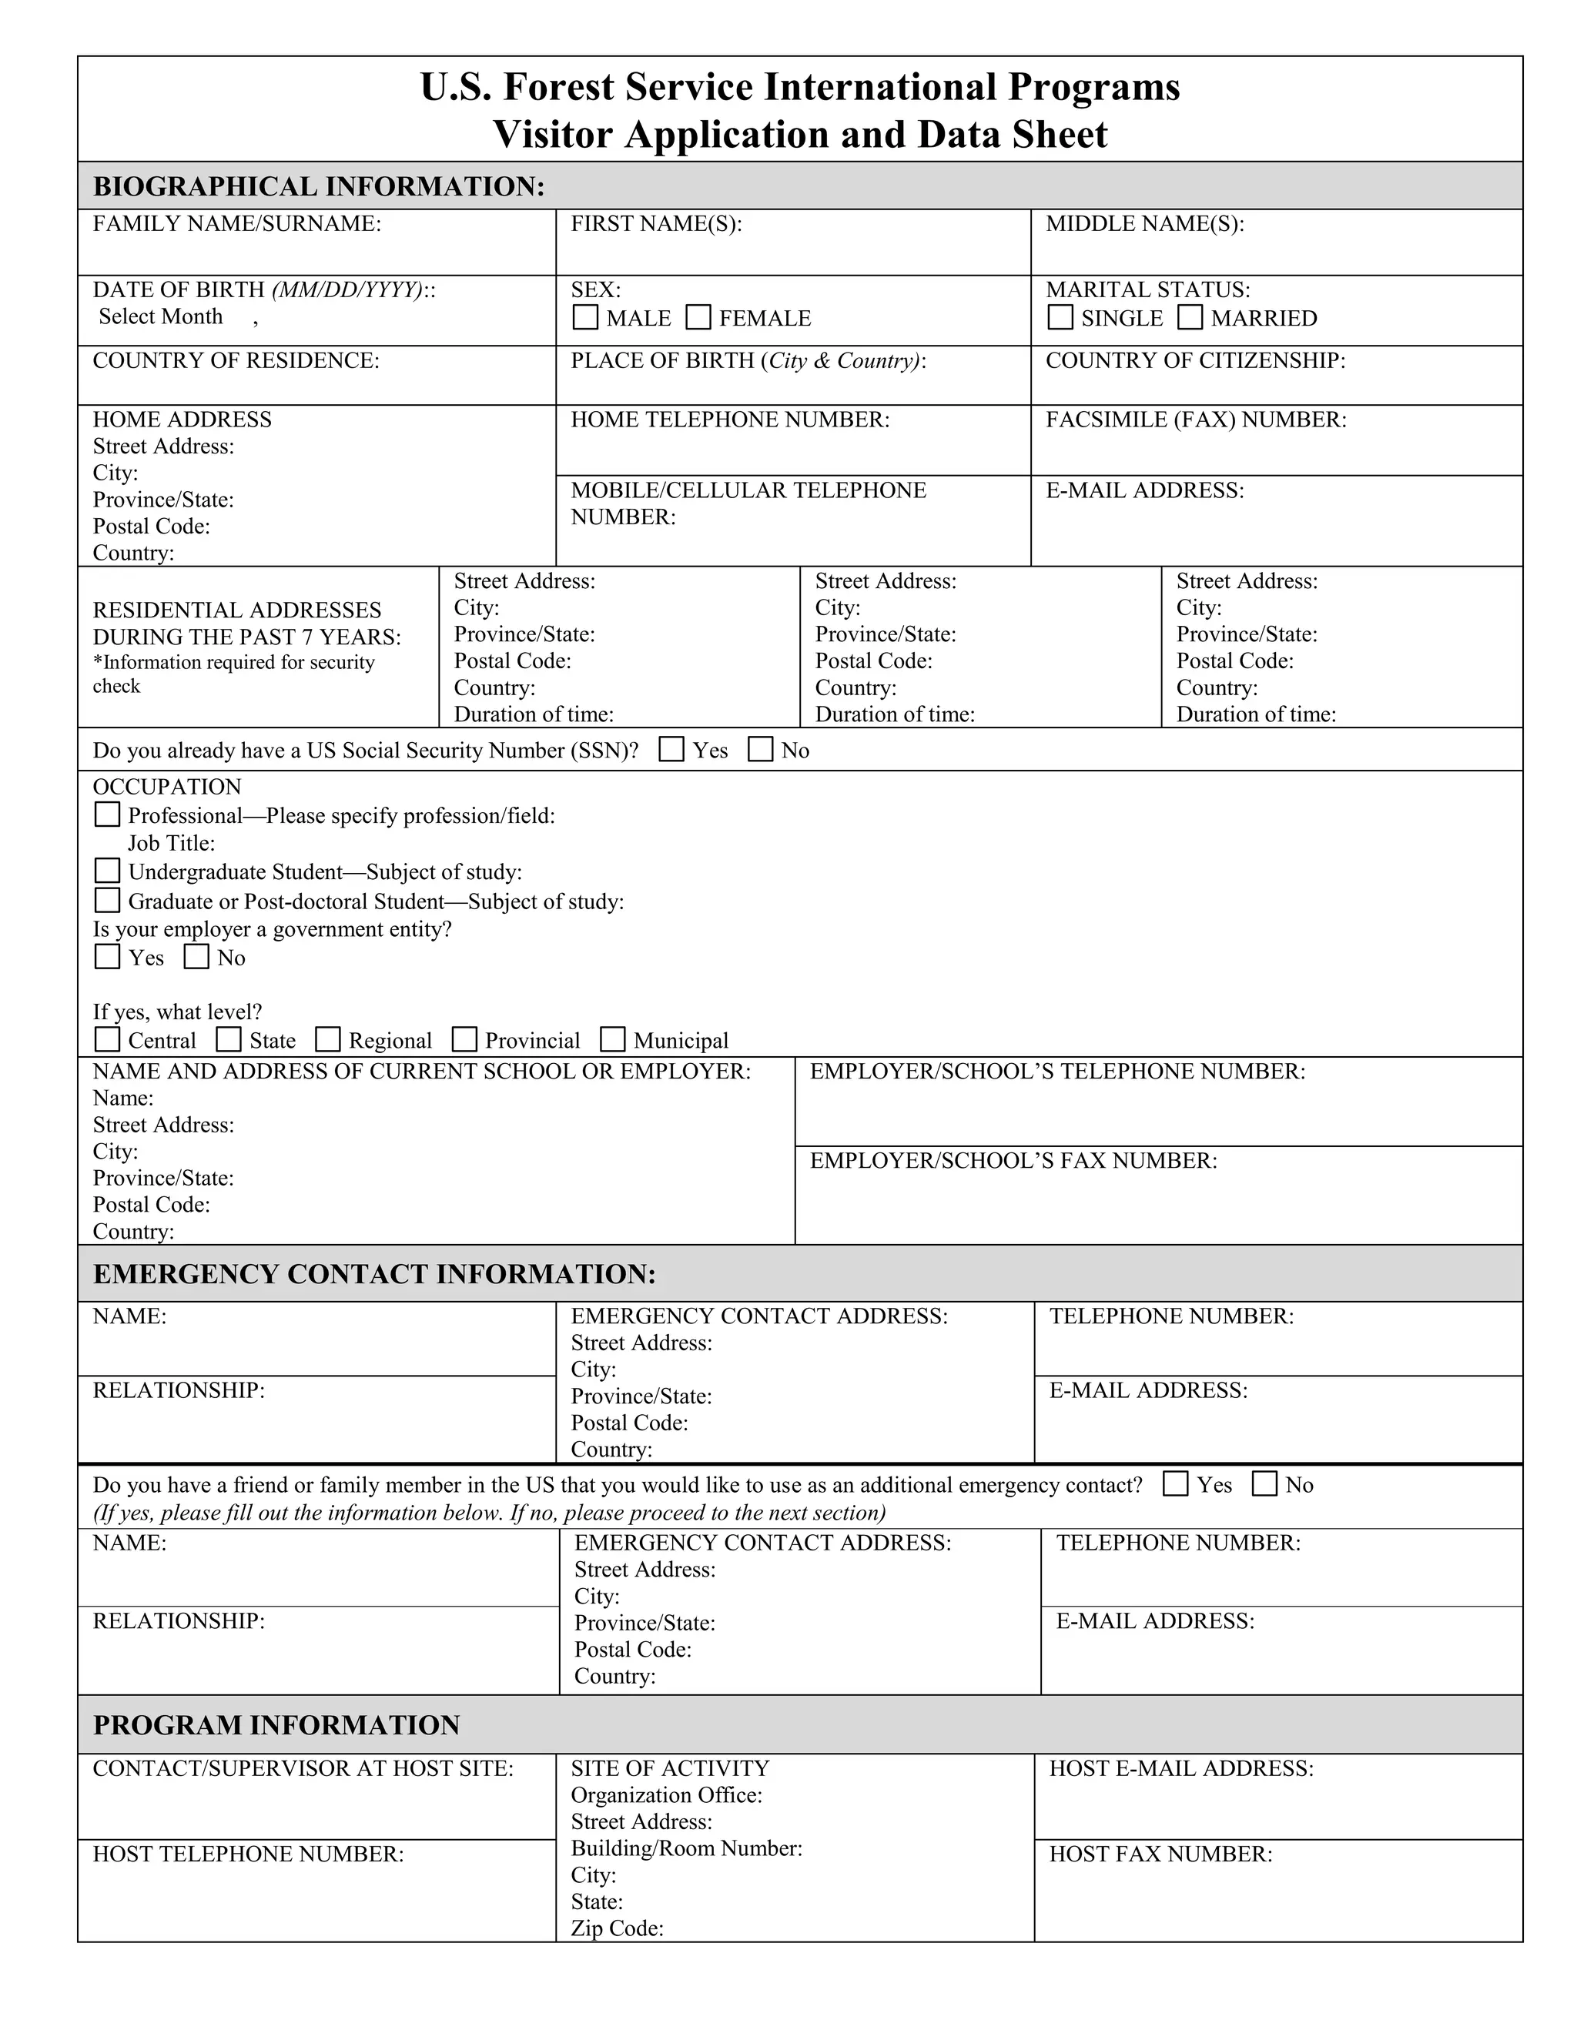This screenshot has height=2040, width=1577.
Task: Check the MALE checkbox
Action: click(x=585, y=318)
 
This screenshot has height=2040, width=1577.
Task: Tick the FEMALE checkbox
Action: click(x=698, y=318)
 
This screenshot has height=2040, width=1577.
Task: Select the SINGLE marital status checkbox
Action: click(x=1060, y=318)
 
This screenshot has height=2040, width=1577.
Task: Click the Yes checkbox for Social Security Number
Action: click(x=671, y=749)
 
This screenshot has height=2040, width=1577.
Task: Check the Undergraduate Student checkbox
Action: click(x=108, y=871)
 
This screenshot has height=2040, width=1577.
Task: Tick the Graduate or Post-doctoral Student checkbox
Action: click(x=108, y=901)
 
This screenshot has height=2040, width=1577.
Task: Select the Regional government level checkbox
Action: click(x=328, y=1039)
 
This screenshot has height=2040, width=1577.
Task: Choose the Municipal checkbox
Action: click(x=613, y=1039)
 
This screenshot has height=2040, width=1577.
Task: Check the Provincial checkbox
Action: click(x=464, y=1039)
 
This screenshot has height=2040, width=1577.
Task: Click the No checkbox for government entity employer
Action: click(x=196, y=956)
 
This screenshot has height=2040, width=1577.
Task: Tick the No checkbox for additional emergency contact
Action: click(x=1264, y=1483)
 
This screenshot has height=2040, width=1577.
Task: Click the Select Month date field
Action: click(x=161, y=316)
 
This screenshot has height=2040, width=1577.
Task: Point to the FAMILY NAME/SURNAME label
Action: click(x=236, y=223)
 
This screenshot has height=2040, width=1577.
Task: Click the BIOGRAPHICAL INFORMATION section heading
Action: click(x=319, y=186)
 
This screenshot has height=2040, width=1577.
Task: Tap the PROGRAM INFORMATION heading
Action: click(x=276, y=1724)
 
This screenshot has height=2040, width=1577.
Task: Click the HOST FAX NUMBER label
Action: click(x=1160, y=1853)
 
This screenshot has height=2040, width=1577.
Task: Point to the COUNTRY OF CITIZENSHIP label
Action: click(x=1195, y=360)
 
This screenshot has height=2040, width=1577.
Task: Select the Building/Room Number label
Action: click(x=686, y=1848)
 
